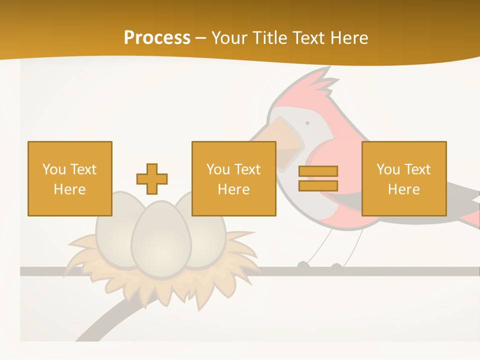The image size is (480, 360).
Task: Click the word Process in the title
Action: [157, 37]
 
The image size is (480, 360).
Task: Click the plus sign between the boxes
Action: [152, 179]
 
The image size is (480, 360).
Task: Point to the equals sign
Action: [318, 178]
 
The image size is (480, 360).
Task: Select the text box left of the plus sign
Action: [70, 178]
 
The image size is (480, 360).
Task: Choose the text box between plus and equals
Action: [234, 178]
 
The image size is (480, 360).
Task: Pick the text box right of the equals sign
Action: [404, 178]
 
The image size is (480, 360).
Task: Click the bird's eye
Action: [307, 122]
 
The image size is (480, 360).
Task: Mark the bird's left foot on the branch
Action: [303, 265]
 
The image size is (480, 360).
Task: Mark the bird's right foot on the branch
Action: [337, 266]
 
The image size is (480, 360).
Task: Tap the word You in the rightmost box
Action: [387, 169]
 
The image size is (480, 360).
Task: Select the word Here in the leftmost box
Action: [70, 189]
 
